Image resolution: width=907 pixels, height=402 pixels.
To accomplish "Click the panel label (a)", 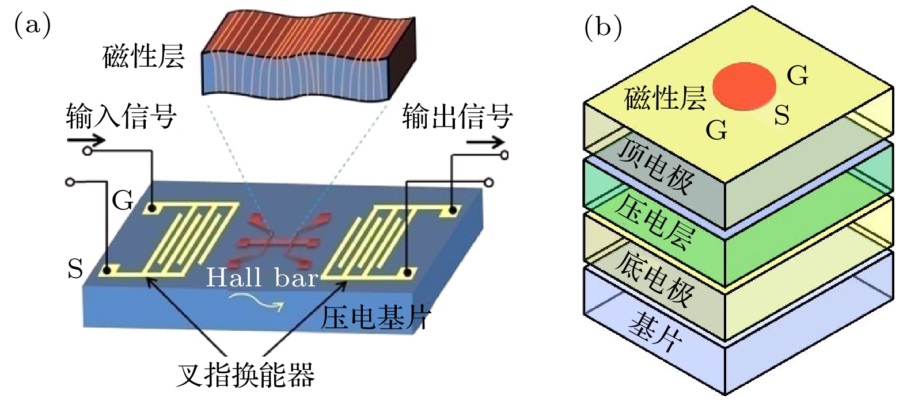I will pos(32,25).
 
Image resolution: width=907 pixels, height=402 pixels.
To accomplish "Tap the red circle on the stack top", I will pos(744,86).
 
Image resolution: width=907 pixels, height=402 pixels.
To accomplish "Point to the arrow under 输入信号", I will pos(86,140).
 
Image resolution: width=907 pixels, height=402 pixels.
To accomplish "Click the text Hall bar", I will pos(262,278).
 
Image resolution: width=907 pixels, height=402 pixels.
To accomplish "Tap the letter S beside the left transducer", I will pos(75,269).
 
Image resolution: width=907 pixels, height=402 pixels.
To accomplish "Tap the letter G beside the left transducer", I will pos(122,201).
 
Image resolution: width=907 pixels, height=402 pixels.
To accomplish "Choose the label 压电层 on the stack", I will pos(654,221).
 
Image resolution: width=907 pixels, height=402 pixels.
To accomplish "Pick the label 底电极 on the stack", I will pos(654,278).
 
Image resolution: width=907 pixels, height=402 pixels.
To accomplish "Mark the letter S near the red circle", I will pos(781,115).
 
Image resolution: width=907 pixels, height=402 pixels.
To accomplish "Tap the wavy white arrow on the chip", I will pos(256,301).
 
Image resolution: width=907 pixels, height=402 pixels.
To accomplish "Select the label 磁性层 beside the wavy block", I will pos(143,56).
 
